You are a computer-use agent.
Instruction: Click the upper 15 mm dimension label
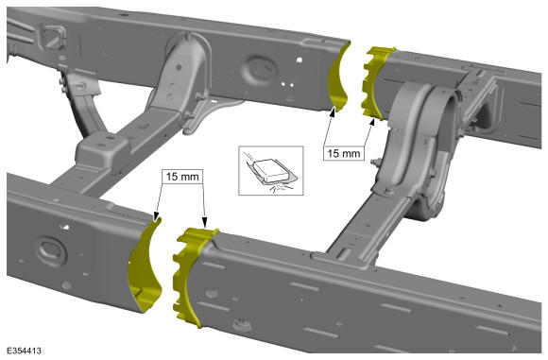click(344, 153)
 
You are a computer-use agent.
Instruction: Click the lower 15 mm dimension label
click(182, 177)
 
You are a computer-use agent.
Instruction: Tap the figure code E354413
click(24, 351)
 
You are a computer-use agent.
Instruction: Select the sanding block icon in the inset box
click(271, 170)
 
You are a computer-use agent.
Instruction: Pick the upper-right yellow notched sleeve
click(376, 82)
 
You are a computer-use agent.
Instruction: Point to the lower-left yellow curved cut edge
click(146, 266)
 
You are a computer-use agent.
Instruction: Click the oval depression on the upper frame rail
click(261, 66)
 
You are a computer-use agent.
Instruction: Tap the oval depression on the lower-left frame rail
click(51, 250)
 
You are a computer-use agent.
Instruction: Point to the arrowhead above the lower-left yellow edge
click(156, 217)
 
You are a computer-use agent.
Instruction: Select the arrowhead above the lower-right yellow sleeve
click(205, 222)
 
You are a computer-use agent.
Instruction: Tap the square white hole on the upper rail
click(300, 60)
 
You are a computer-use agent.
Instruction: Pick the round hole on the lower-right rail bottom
click(242, 325)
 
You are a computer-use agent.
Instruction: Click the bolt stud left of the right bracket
click(376, 162)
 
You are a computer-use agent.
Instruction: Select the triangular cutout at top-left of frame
click(52, 36)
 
